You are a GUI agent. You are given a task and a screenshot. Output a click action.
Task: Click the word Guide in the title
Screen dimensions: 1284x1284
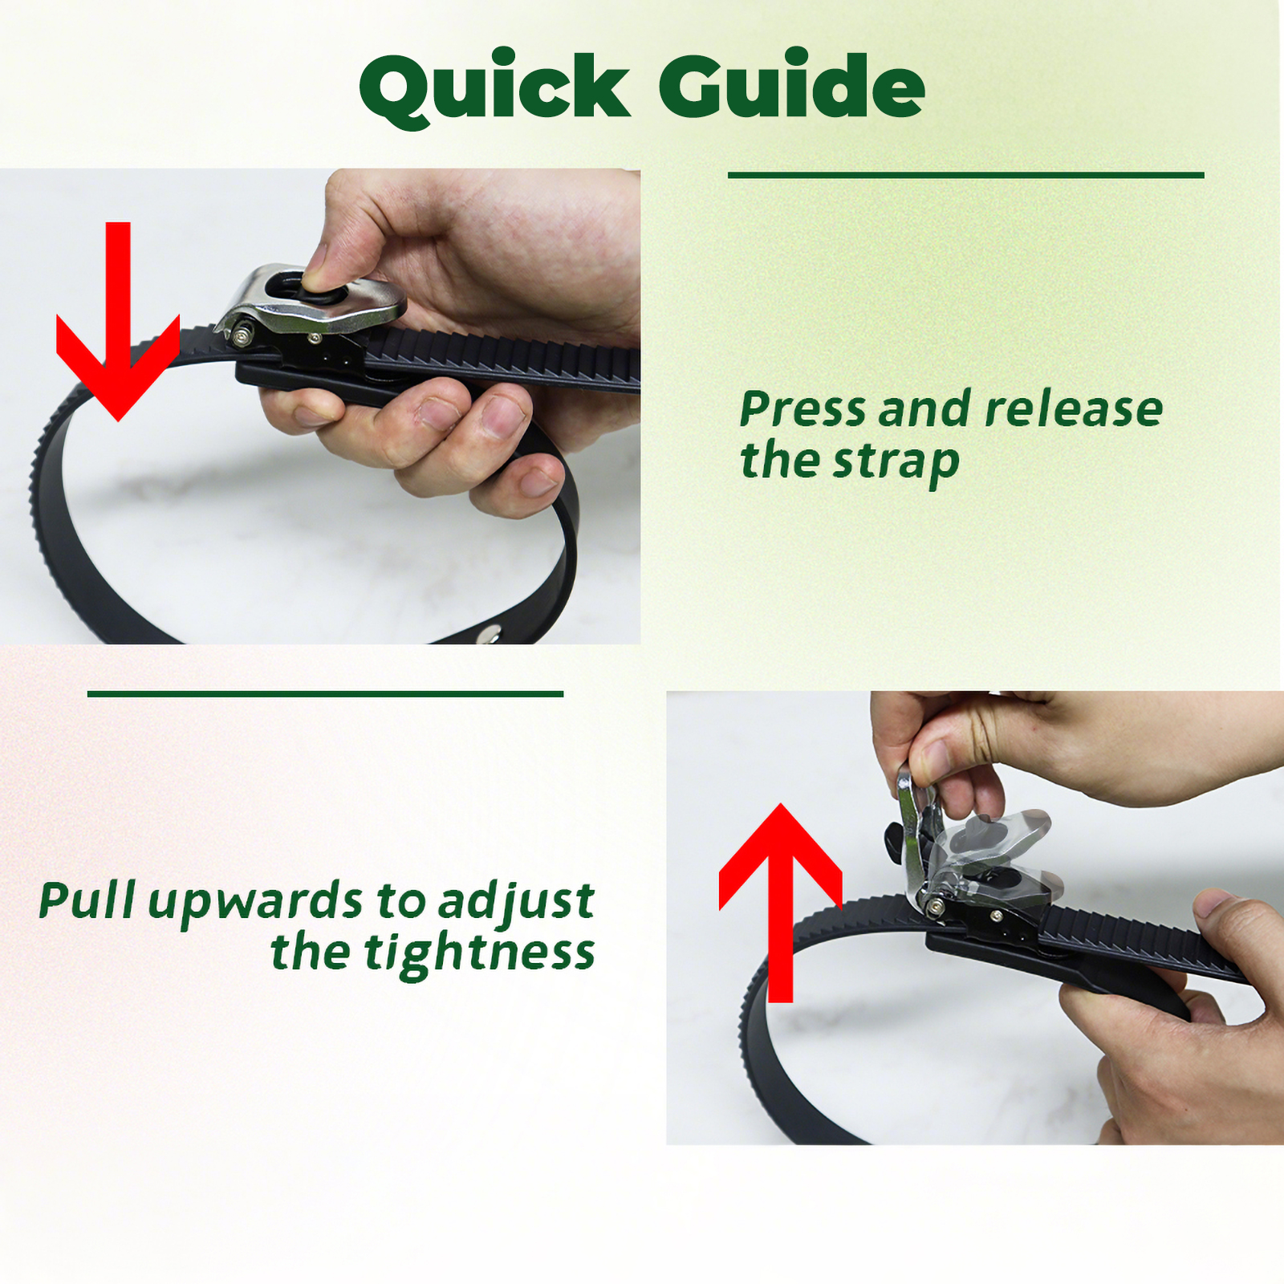tap(792, 83)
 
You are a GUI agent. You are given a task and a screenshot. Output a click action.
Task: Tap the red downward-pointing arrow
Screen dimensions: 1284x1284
tap(118, 321)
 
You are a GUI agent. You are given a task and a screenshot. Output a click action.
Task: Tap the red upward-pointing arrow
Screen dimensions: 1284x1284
tap(780, 903)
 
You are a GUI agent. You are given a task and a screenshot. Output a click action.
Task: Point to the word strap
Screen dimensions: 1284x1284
tap(896, 463)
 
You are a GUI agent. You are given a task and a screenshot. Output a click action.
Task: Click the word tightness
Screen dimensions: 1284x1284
tap(479, 953)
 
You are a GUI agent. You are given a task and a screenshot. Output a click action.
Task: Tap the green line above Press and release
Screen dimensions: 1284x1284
tap(966, 175)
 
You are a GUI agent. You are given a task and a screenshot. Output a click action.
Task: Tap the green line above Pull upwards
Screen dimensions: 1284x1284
tap(325, 694)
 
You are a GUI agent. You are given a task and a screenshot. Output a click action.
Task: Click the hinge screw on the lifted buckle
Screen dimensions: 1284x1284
tap(934, 907)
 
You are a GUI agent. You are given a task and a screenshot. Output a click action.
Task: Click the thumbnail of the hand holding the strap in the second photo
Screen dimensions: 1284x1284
tap(1213, 902)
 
